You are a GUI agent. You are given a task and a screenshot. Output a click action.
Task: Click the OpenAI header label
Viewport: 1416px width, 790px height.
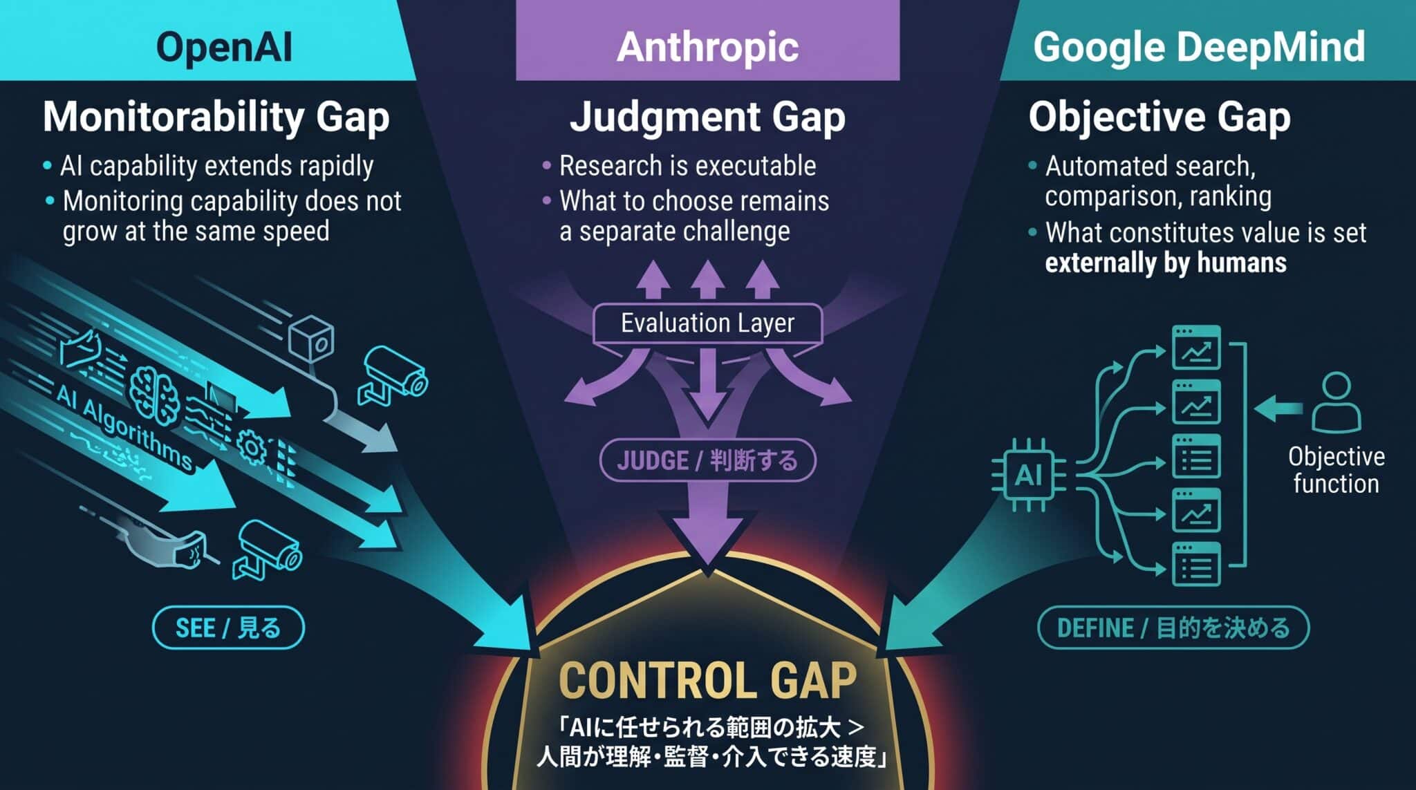(x=224, y=47)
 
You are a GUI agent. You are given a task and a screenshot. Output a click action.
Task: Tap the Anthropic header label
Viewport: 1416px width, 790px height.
(x=707, y=47)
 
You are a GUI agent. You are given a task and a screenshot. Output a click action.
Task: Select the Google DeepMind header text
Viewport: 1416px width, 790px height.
(x=1199, y=47)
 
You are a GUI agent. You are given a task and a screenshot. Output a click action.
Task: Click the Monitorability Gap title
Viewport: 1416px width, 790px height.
(x=216, y=117)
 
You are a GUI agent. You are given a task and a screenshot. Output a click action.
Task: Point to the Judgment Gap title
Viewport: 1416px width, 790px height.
(x=707, y=117)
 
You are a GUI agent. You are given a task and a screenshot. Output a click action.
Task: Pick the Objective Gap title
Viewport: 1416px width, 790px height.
(x=1159, y=117)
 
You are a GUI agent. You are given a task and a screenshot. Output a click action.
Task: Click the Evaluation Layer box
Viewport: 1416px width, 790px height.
(x=707, y=323)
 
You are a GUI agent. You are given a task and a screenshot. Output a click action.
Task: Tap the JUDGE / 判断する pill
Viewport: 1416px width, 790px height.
(x=707, y=460)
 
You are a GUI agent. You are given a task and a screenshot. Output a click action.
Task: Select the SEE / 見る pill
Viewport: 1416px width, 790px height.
(x=228, y=628)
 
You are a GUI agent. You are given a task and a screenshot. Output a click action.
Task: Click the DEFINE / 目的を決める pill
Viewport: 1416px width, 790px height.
(x=1173, y=628)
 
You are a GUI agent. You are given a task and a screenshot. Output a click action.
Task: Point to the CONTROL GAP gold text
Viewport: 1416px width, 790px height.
(x=707, y=680)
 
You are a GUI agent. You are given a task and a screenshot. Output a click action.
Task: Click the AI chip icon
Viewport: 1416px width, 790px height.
(x=1028, y=475)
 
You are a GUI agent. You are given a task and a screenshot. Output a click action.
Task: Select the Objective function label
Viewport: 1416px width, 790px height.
(x=1336, y=470)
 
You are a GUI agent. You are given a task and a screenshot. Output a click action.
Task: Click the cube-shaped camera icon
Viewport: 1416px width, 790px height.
(x=313, y=338)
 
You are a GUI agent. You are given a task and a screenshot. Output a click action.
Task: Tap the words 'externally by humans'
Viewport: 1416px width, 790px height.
(x=1166, y=263)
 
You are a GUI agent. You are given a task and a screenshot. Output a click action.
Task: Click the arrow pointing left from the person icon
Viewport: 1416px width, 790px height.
(x=1278, y=408)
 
